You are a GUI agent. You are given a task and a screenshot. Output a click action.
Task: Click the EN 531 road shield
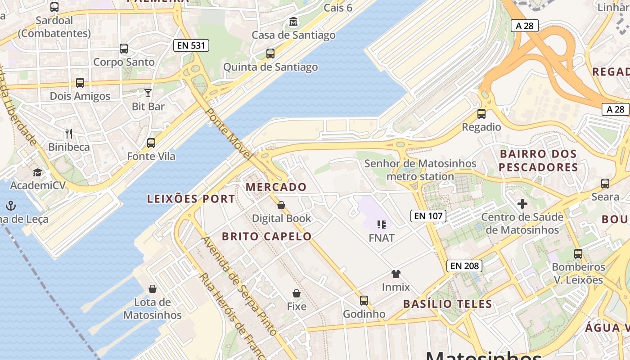coord(191,45)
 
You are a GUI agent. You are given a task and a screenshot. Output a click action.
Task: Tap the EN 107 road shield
coord(428,216)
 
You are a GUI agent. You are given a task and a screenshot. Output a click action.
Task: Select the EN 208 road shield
coord(465,266)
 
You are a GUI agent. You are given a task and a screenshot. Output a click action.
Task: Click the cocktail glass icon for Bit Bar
coord(148,93)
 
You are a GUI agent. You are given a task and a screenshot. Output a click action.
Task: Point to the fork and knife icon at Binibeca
coord(69,133)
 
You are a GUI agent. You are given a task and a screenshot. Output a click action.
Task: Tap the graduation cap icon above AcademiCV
coord(37,172)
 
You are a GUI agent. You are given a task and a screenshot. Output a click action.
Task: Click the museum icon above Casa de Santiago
coord(293,21)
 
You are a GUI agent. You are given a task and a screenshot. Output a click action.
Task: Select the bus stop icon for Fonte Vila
coord(151,143)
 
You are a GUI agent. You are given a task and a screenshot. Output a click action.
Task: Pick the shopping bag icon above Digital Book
coord(281,205)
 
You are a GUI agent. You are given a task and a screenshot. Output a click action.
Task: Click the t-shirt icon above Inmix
coord(396,274)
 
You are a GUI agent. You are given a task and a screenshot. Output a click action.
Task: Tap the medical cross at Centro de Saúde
coord(522,204)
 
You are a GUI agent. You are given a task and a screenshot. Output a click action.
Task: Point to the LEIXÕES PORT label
coord(191,199)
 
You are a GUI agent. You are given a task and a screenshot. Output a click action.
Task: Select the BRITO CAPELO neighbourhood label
coord(267,236)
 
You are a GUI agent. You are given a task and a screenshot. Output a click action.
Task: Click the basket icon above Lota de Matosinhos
coord(153,288)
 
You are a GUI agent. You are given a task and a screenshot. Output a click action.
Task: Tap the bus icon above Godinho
coord(364,300)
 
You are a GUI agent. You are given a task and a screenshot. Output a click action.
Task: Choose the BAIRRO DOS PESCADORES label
coord(538,161)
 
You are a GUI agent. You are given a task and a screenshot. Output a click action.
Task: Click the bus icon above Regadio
coord(481,114)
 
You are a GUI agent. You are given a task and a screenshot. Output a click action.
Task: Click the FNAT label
coord(381,238)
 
